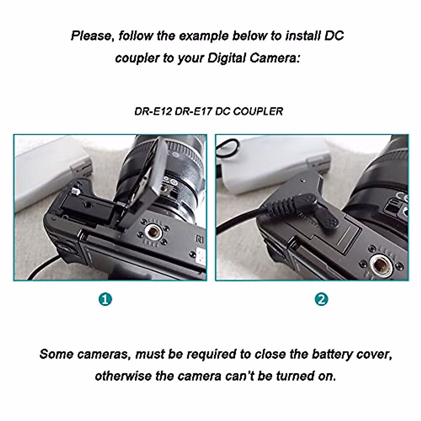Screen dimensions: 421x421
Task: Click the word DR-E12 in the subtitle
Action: (153, 111)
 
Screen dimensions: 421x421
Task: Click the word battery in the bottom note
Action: (328, 354)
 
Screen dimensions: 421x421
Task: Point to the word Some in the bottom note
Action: (56, 354)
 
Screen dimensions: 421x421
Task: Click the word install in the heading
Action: (303, 36)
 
